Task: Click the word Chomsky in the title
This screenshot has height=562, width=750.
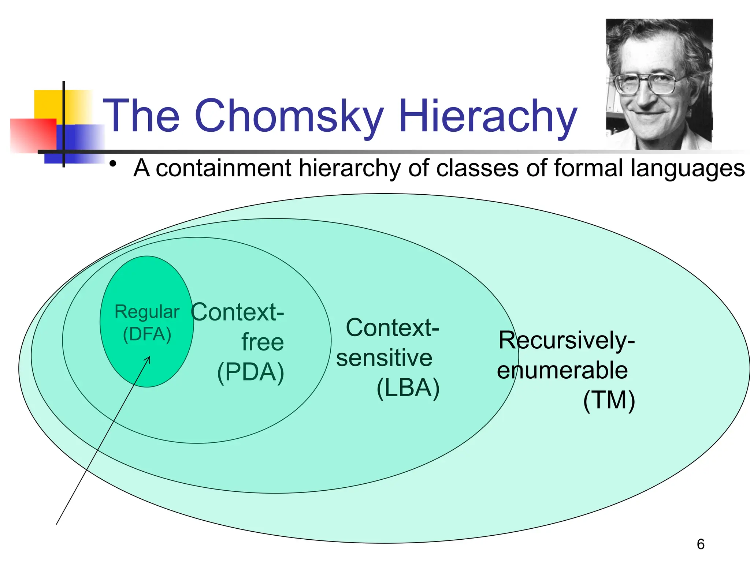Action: pyautogui.click(x=289, y=116)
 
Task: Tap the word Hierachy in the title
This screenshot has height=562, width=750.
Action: pyautogui.click(x=488, y=116)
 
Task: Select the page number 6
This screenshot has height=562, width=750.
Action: pyautogui.click(x=701, y=544)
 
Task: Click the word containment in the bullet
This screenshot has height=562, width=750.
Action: pyautogui.click(x=223, y=168)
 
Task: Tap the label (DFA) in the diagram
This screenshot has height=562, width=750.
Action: pyautogui.click(x=147, y=334)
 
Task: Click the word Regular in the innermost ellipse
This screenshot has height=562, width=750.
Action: pyautogui.click(x=147, y=312)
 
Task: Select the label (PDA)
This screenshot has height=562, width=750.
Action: pyautogui.click(x=250, y=372)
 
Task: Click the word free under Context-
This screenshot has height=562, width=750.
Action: pyautogui.click(x=262, y=342)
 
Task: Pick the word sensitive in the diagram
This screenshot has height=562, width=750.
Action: pyautogui.click(x=384, y=358)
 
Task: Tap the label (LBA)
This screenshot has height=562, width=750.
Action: pyautogui.click(x=408, y=388)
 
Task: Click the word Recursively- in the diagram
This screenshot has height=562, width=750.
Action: pyautogui.click(x=566, y=340)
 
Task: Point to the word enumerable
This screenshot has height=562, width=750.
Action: pyautogui.click(x=562, y=370)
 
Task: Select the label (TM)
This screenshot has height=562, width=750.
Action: pyautogui.click(x=609, y=400)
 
